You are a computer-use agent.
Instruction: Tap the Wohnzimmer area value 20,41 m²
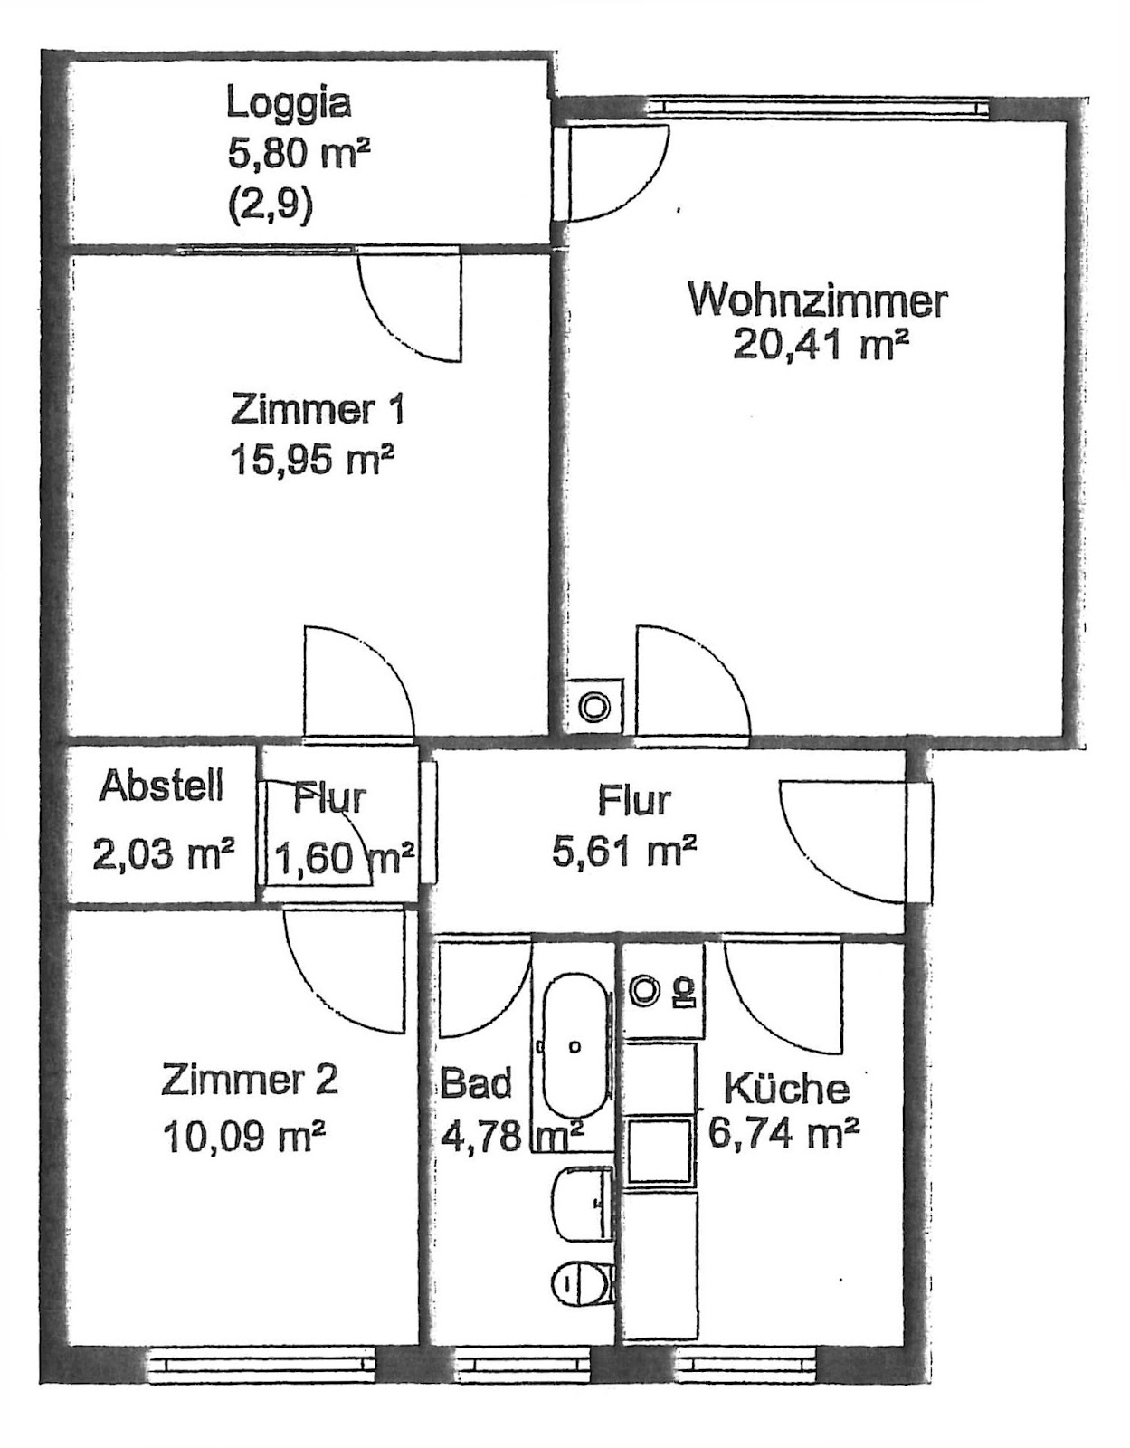pyautogui.click(x=821, y=345)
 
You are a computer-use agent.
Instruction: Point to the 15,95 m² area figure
pyautogui.click(x=309, y=459)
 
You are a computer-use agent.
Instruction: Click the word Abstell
pyautogui.click(x=161, y=786)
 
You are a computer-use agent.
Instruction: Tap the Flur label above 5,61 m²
pyautogui.click(x=634, y=800)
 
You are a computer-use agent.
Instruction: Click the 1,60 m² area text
pyautogui.click(x=345, y=858)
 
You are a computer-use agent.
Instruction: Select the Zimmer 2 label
pyautogui.click(x=250, y=1080)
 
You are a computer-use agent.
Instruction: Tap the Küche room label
pyautogui.click(x=786, y=1087)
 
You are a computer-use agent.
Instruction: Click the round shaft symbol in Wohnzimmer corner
pyautogui.click(x=594, y=706)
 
